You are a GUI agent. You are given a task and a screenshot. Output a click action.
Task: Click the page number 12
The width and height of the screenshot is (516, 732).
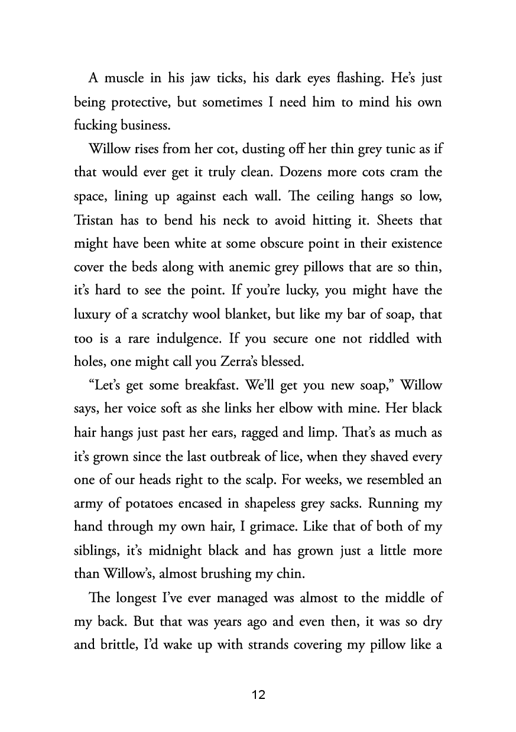pyautogui.click(x=258, y=695)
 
